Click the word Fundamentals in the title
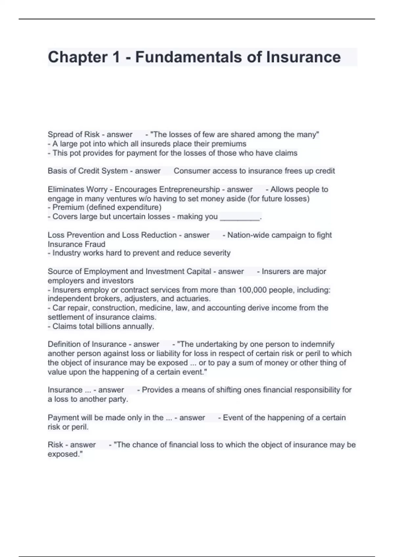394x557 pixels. point(188,57)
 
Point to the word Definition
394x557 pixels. point(65,344)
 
